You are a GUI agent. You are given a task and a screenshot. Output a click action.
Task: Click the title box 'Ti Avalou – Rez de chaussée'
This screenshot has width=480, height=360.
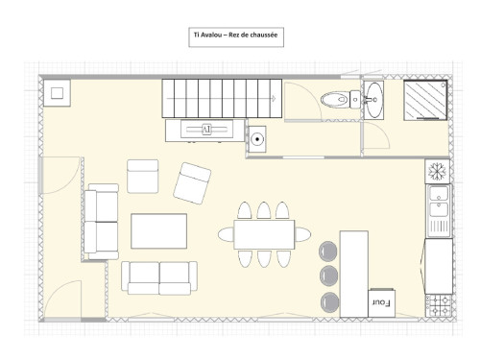[236, 37]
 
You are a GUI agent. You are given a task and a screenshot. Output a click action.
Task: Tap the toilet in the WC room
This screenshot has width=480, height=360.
[340, 100]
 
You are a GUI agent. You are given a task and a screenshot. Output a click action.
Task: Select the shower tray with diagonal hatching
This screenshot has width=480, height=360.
[425, 100]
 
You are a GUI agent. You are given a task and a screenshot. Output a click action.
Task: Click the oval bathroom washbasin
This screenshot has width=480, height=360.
[373, 100]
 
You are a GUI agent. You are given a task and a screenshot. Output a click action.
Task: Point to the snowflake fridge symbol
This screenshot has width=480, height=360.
[437, 171]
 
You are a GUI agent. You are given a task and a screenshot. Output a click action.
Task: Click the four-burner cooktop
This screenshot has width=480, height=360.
[439, 305]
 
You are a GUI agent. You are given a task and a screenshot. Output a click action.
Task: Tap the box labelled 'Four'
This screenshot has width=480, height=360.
[382, 303]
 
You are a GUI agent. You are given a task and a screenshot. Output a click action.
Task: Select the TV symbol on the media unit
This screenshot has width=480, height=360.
[206, 130]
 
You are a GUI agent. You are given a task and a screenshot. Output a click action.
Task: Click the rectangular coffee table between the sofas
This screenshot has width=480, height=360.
[159, 231]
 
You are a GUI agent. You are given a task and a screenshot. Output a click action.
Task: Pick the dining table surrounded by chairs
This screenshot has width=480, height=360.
[264, 234]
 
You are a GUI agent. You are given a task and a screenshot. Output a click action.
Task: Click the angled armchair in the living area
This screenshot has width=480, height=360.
[192, 183]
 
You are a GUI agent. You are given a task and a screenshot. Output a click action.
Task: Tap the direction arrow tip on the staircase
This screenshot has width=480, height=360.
[276, 99]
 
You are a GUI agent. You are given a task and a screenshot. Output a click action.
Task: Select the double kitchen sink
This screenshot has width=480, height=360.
[439, 210]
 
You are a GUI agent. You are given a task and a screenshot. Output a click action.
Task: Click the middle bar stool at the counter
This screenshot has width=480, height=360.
[329, 276]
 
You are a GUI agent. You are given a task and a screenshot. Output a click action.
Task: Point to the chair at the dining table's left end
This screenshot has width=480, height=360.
[227, 234]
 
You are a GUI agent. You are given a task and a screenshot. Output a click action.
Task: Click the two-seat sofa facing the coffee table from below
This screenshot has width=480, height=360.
[159, 277]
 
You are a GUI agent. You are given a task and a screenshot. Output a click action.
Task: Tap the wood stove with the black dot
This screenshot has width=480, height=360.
[257, 139]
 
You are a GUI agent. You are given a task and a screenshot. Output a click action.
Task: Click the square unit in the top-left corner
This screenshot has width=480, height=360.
[57, 93]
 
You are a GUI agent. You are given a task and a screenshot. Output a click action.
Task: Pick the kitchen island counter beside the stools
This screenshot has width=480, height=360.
[354, 274]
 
